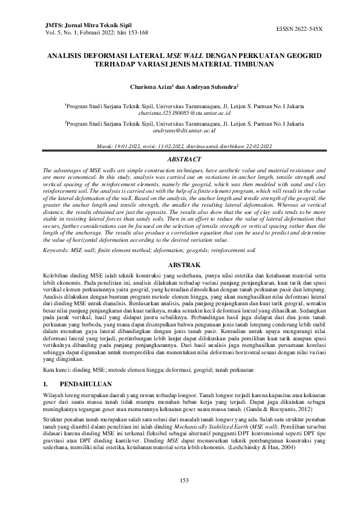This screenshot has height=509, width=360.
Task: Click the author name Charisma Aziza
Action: click(x=151, y=86)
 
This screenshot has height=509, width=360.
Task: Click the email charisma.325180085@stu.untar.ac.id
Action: click(x=180, y=113)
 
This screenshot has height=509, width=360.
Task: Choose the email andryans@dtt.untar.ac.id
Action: click(x=180, y=130)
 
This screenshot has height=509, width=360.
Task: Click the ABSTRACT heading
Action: click(x=180, y=159)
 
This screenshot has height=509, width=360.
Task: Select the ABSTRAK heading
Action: click(x=180, y=264)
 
